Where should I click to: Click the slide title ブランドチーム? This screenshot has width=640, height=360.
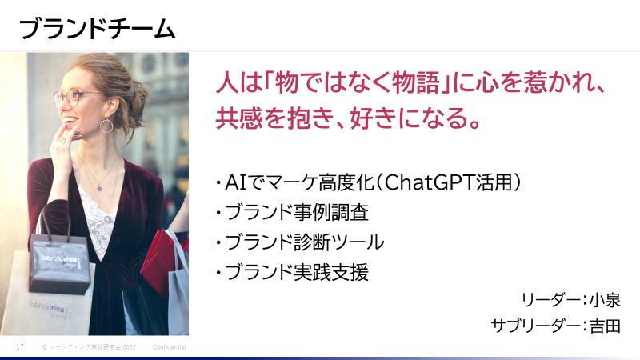point(97,29)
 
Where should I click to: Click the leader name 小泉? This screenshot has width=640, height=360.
point(605,300)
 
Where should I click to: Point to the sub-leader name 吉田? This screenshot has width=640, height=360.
point(605,326)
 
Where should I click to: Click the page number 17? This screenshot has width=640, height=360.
point(20,347)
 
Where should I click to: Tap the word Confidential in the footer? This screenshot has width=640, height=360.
point(170,347)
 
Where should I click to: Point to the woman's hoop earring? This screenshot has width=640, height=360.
point(106,126)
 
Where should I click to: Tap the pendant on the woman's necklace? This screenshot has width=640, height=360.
point(99,188)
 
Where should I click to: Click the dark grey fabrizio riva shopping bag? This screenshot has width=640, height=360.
point(60,259)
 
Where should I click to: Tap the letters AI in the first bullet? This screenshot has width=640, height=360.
point(236,182)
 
